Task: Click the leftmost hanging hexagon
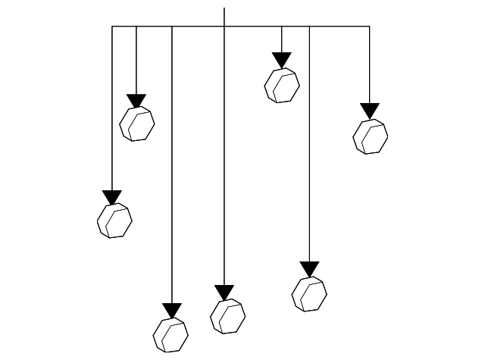(x=114, y=221)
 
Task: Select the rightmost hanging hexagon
(x=371, y=136)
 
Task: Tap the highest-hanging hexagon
(x=282, y=85)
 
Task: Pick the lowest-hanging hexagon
(x=171, y=334)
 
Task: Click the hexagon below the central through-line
(x=227, y=316)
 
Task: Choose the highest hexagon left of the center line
(x=137, y=124)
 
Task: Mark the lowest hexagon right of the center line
(x=309, y=293)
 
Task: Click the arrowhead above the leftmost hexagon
(x=112, y=198)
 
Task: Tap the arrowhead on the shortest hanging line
(x=282, y=60)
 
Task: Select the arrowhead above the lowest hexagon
(x=172, y=311)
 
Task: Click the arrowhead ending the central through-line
(x=224, y=293)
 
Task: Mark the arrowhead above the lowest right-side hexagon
(x=309, y=269)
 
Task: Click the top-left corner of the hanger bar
(x=112, y=27)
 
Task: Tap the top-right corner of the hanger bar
(x=370, y=27)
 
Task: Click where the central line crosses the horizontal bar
(x=224, y=27)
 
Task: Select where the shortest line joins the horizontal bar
(x=282, y=27)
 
